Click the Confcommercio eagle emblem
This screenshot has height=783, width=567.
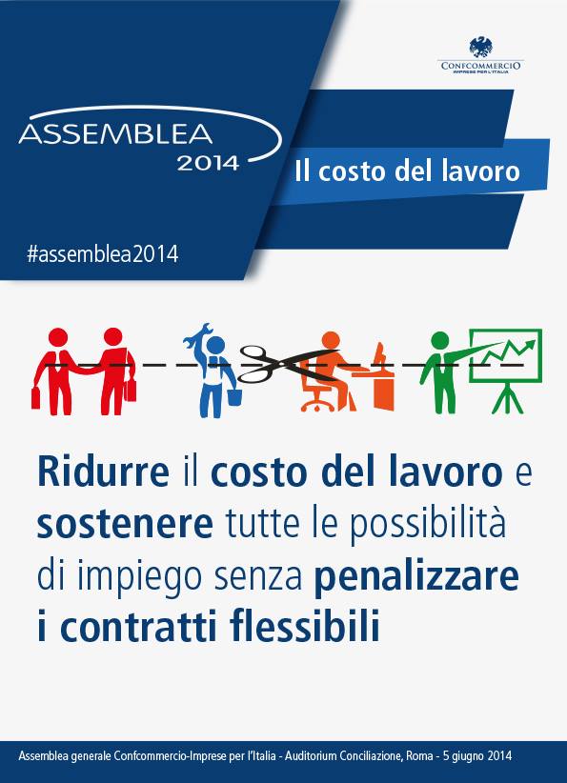click(480, 47)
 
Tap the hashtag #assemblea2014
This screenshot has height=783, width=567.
click(102, 253)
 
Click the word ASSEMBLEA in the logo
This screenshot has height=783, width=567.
click(115, 133)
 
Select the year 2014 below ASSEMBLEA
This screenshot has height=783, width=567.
click(208, 163)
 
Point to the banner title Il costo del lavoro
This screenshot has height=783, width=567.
click(407, 171)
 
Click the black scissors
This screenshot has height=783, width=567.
click(285, 363)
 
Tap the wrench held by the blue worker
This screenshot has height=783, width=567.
click(197, 337)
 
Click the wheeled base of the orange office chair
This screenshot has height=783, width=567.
click(317, 405)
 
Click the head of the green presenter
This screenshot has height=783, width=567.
click(439, 341)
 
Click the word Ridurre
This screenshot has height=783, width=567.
click(104, 472)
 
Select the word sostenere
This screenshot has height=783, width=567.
click(126, 524)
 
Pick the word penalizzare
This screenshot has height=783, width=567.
click(417, 576)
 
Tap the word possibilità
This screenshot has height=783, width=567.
click(427, 525)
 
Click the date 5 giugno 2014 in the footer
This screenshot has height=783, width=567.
click(477, 756)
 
